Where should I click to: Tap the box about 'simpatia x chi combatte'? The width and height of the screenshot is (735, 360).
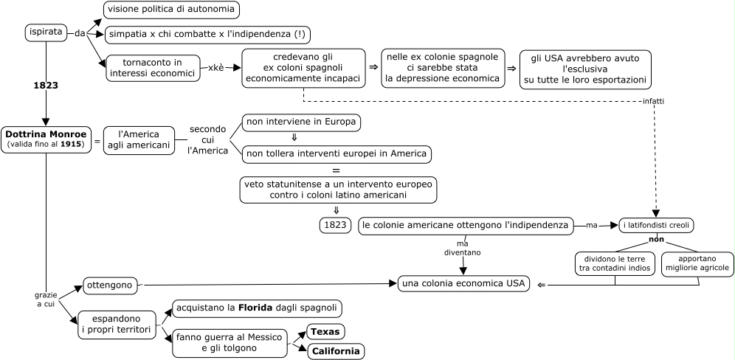tap(207, 35)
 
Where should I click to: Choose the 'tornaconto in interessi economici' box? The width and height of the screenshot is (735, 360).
tap(153, 68)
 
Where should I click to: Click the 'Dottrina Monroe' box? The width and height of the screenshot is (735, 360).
tap(46, 139)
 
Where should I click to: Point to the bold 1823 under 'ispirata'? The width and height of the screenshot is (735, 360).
tap(46, 85)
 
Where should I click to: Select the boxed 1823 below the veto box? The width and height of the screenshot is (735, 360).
tap(335, 225)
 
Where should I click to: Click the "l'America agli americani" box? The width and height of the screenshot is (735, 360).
tap(139, 139)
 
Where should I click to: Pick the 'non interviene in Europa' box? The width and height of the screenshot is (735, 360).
tap(301, 122)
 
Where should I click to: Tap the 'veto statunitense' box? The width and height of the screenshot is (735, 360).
tap(339, 189)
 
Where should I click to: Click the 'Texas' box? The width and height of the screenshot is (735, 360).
tap(325, 332)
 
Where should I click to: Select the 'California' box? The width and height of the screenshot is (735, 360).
tap(336, 351)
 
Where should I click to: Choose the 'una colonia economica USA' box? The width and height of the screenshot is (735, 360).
tap(464, 283)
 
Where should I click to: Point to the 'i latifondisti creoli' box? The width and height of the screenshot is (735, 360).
tap(656, 225)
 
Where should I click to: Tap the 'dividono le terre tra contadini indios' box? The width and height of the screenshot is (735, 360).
tap(614, 264)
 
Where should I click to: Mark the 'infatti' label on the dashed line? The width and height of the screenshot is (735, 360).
tap(653, 101)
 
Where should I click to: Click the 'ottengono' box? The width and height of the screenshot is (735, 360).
tap(111, 285)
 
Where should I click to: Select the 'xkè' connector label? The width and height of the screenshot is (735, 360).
tap(215, 68)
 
